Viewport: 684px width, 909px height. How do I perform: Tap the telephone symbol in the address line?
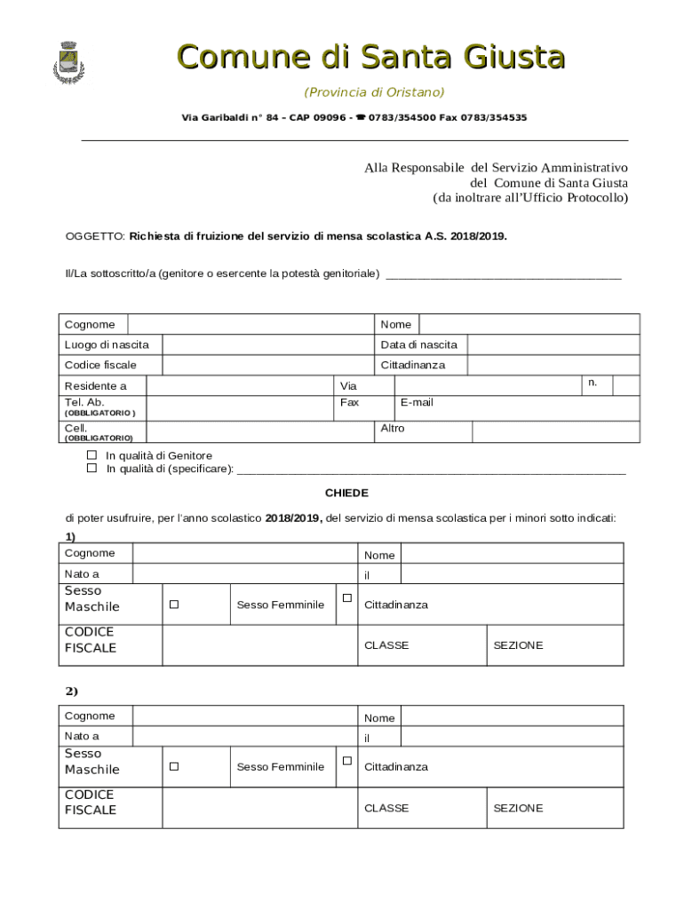tap(362, 117)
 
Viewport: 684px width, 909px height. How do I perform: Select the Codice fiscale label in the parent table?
tap(100, 365)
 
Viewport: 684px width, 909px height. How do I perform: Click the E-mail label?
tap(417, 402)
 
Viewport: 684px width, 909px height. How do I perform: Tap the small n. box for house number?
tap(625, 384)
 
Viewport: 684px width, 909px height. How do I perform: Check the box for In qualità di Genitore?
tap(91, 454)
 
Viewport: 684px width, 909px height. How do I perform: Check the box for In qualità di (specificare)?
tap(91, 468)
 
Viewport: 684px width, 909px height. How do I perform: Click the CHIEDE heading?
tap(346, 493)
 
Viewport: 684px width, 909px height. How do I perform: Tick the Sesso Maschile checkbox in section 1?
tap(174, 605)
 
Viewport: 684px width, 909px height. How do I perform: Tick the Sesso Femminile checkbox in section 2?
tap(347, 761)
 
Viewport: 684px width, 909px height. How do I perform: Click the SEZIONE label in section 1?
tap(518, 645)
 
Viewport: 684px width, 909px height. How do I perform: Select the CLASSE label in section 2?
tap(386, 808)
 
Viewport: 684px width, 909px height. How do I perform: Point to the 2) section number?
tap(72, 691)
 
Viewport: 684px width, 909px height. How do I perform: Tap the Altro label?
tap(393, 428)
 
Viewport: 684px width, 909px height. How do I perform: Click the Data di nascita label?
tap(418, 344)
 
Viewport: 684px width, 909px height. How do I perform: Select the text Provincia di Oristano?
tap(374, 92)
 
